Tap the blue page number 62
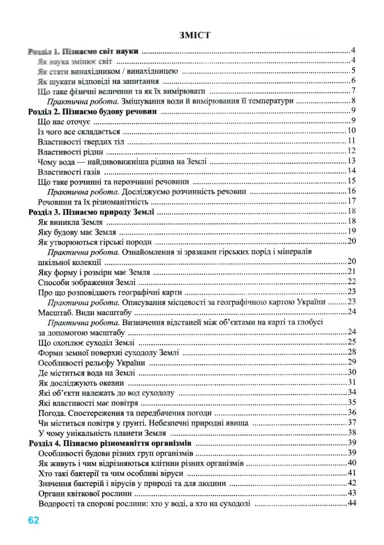(34, 520)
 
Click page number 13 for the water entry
(351, 161)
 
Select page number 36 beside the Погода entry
(351, 412)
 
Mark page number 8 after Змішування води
(353, 101)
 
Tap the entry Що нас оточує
(65, 121)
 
